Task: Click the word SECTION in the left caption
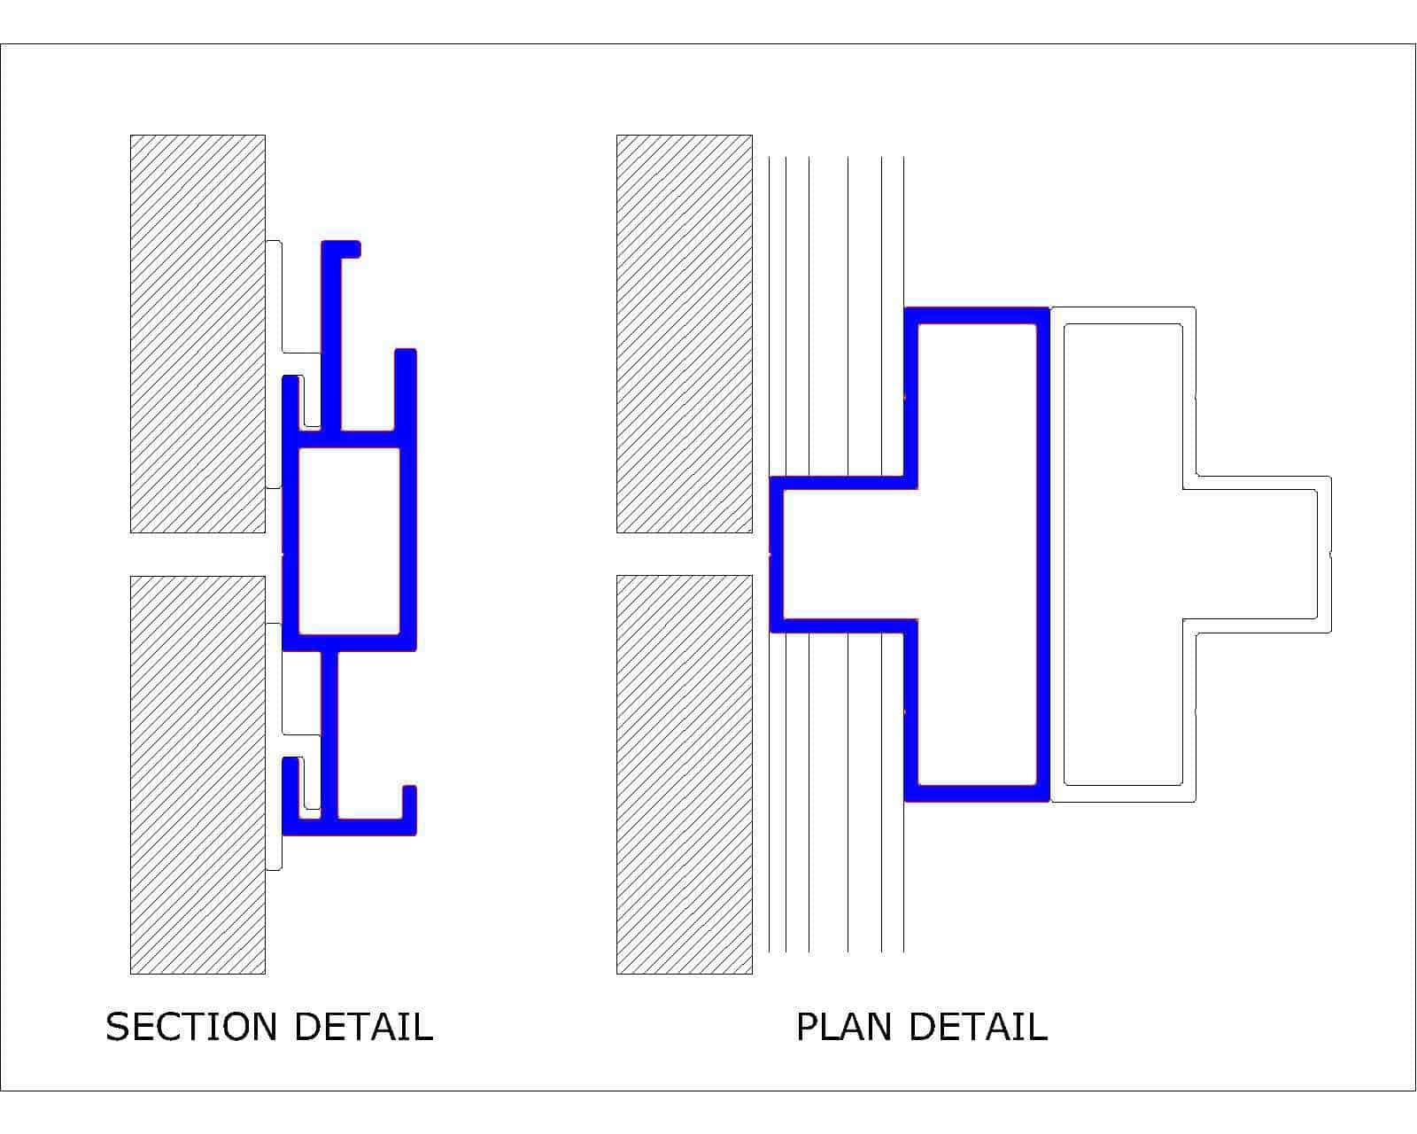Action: [191, 1027]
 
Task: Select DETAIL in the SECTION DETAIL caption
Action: [363, 1027]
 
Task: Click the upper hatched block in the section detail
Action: [197, 333]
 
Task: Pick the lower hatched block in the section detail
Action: [197, 775]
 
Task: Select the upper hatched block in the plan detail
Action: [684, 333]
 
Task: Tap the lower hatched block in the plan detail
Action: [684, 774]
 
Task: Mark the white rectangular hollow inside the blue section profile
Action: [349, 541]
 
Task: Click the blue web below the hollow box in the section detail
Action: [329, 734]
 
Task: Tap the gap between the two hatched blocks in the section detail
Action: [197, 554]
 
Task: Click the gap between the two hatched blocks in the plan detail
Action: [684, 554]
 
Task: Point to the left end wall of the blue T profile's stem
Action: [777, 554]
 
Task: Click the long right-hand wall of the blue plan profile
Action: [1042, 554]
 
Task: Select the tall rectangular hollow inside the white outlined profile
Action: [1123, 554]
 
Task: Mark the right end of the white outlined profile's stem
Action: [1323, 554]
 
